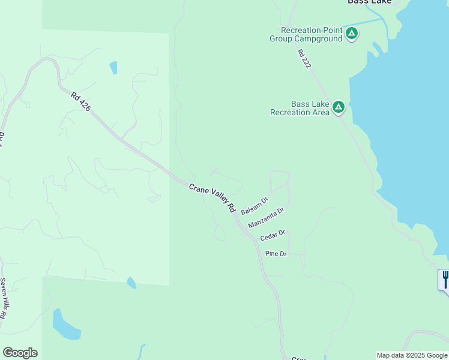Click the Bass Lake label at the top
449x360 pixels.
tap(370, 2)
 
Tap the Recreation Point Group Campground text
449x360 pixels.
tap(311, 35)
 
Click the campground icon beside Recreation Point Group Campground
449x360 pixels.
tap(352, 34)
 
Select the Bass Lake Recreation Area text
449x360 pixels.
tap(300, 108)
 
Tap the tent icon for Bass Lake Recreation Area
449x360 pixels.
tap(339, 107)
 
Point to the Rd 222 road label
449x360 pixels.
tap(304, 59)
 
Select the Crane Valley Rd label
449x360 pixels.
tap(212, 198)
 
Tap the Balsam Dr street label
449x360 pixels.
tap(254, 206)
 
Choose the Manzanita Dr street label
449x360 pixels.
tap(265, 218)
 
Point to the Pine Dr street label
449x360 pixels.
tap(276, 254)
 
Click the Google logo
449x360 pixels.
tap(20, 353)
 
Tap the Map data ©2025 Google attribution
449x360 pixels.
tap(412, 355)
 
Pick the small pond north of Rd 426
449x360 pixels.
tap(113, 68)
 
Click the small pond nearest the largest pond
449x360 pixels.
tap(131, 283)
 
